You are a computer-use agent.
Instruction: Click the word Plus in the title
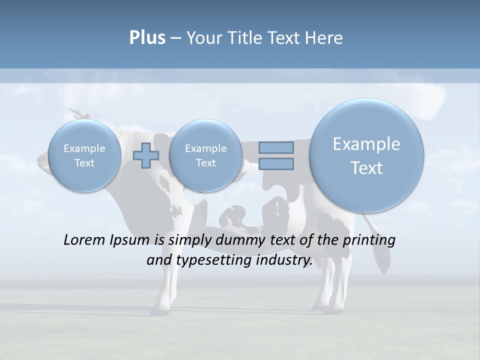pyautogui.click(x=147, y=38)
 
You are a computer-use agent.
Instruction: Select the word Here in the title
pyautogui.click(x=325, y=38)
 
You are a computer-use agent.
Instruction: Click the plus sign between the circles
pyautogui.click(x=146, y=155)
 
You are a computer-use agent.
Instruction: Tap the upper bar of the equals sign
pyautogui.click(x=276, y=147)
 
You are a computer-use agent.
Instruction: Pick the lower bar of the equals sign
pyautogui.click(x=276, y=163)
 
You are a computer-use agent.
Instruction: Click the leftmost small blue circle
pyautogui.click(x=84, y=155)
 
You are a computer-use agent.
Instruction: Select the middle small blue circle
pyautogui.click(x=205, y=155)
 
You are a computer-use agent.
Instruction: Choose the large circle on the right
pyautogui.click(x=366, y=155)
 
